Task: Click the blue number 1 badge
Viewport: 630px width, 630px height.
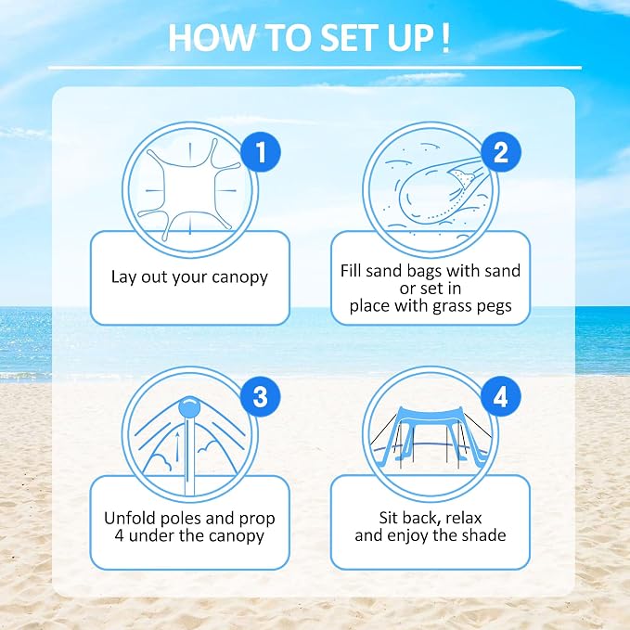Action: pos(261,152)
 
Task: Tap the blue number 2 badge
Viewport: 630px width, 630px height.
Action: pos(501,152)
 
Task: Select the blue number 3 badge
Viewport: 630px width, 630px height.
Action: pos(261,396)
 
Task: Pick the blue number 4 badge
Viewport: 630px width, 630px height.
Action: pos(501,396)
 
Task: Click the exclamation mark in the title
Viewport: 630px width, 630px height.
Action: pos(444,38)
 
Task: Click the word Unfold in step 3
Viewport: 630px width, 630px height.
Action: pos(130,518)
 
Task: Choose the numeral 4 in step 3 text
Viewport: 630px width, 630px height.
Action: pos(119,535)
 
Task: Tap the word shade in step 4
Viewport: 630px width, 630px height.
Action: pos(483,535)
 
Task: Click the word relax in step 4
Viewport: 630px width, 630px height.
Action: pos(463,518)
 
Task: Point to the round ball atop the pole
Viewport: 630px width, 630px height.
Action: pos(189,407)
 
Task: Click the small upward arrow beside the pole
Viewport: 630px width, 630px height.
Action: pos(177,447)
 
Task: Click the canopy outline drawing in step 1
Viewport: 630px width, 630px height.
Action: pos(189,189)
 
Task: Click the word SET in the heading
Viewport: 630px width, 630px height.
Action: pos(344,38)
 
